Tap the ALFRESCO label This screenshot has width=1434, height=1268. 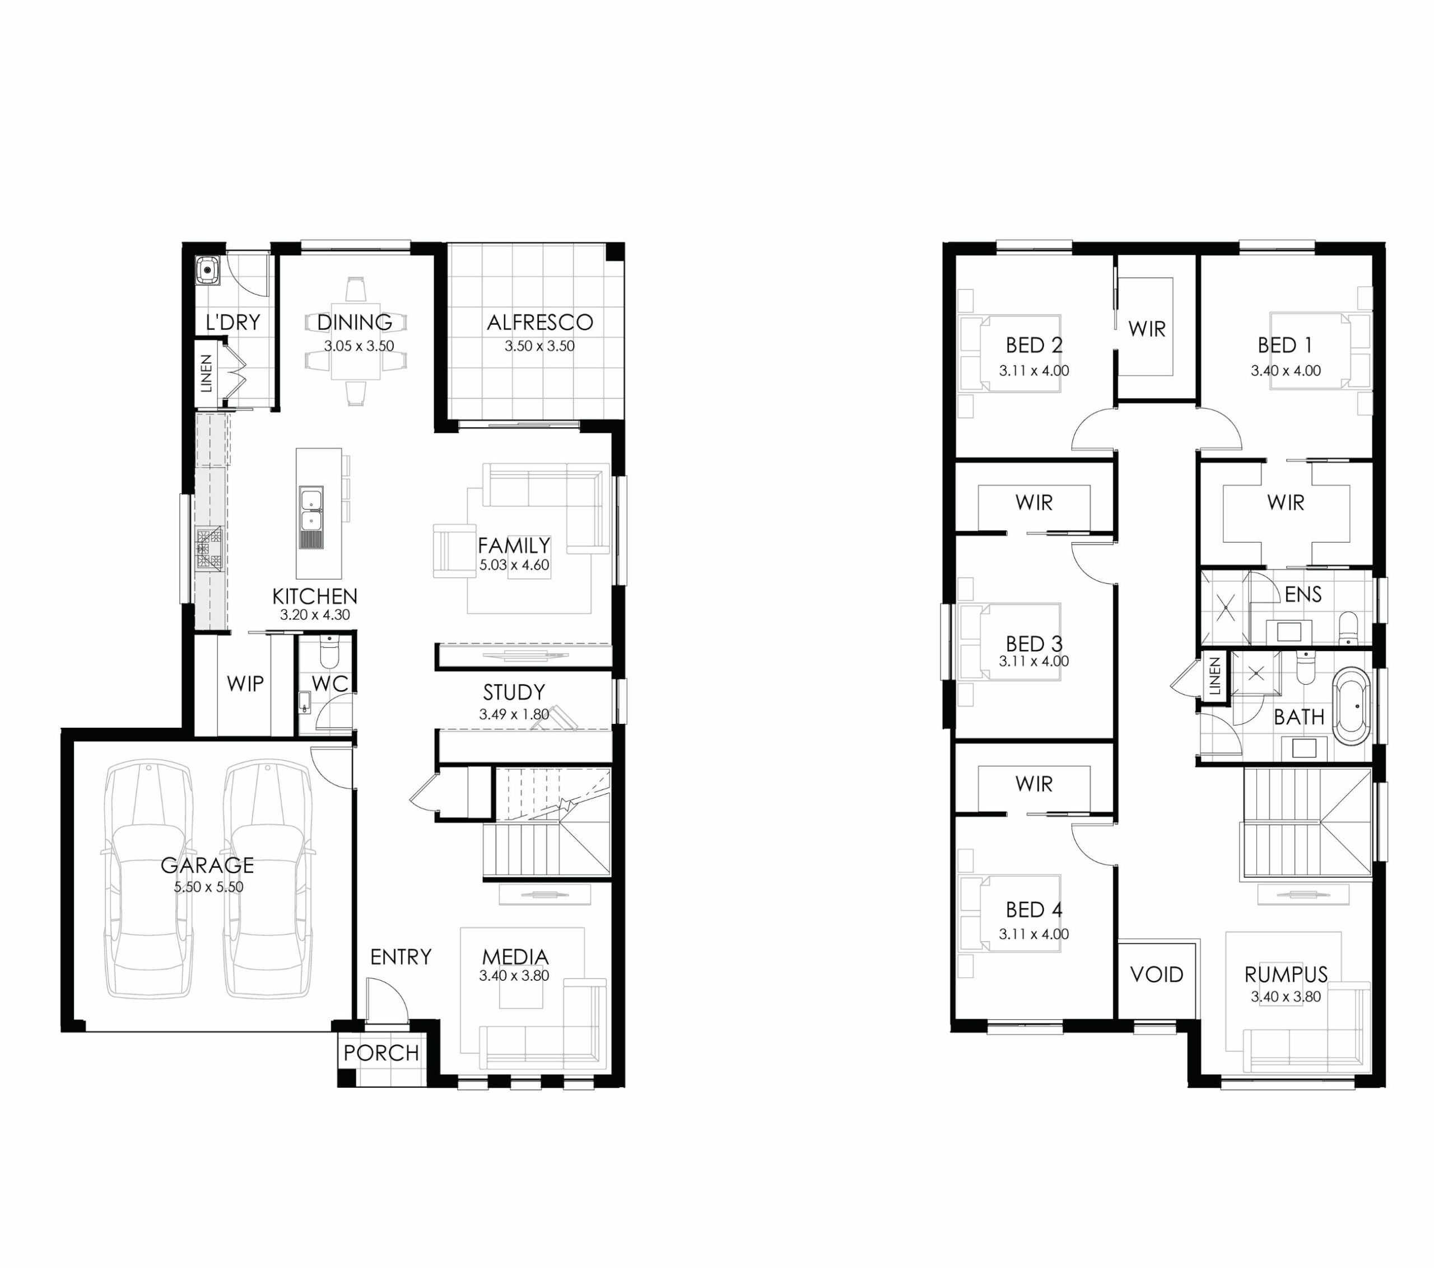pos(539,322)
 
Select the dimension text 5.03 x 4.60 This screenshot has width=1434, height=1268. pos(514,564)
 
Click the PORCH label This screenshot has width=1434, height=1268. pos(381,1052)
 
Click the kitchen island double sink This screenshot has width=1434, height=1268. pos(311,508)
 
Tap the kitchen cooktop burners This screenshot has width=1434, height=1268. pos(208,548)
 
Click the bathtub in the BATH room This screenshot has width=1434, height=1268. pos(1351,706)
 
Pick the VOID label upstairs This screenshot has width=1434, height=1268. pos(1157,974)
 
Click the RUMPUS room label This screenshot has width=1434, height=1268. pos(1286,974)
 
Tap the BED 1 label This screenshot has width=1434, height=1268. pos(1284,345)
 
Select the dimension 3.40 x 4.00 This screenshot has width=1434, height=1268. pos(1286,370)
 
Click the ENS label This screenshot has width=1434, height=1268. pos(1303,595)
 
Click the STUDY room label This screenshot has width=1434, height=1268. pos(514,692)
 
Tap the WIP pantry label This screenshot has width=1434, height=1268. pos(245,683)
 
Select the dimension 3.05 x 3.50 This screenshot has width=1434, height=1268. pos(359,346)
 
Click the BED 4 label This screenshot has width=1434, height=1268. pos(1034,910)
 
